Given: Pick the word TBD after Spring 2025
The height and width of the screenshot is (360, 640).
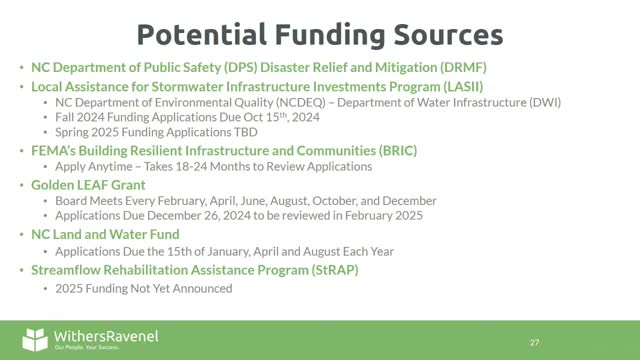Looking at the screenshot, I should pos(245,132).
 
